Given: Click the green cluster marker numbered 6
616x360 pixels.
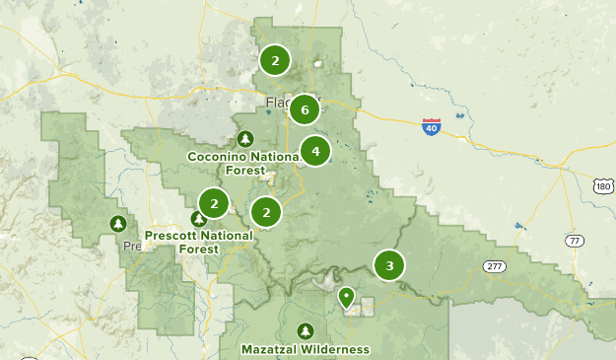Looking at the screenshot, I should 305,109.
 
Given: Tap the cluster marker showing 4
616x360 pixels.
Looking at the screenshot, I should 314,151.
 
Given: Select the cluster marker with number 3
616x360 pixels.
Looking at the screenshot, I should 389,265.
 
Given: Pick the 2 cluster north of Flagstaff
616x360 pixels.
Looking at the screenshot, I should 275,60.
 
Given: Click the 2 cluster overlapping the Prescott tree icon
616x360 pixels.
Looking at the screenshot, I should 213,203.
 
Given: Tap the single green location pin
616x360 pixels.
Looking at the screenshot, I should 346,297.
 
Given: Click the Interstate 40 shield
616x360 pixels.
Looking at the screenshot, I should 431,126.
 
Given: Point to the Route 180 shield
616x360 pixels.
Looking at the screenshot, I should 603,186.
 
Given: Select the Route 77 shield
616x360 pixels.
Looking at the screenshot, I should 575,241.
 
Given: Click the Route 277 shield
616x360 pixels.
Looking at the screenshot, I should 495,266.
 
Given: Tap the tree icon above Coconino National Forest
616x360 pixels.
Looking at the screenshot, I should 245,138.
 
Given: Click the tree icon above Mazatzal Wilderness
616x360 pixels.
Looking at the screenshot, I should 306,331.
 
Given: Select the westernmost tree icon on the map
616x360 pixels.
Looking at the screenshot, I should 118,224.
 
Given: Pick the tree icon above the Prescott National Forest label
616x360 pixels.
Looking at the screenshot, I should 197,219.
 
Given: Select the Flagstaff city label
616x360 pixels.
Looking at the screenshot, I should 279,102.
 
